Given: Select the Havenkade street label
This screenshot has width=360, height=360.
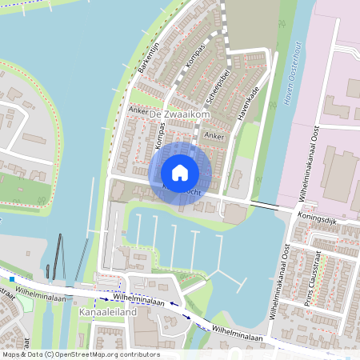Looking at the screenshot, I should click(x=250, y=103).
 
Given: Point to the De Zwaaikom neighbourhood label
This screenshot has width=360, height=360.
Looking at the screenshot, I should click(x=179, y=116).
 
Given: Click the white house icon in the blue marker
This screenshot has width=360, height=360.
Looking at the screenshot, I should click(x=180, y=172).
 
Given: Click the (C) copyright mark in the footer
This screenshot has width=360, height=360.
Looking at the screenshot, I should click(x=50, y=354).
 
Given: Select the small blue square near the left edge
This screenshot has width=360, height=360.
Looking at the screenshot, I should click(x=12, y=279).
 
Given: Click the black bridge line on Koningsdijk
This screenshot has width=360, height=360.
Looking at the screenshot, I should click(x=263, y=206).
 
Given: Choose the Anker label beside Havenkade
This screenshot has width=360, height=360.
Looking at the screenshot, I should click(x=214, y=136).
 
